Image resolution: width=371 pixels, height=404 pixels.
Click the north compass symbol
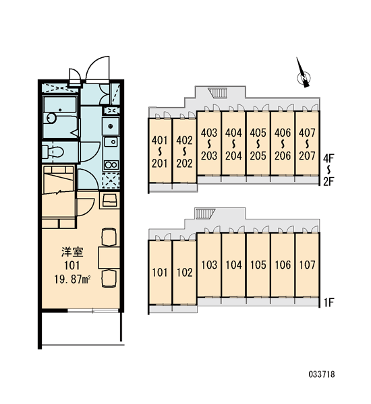point(303,75)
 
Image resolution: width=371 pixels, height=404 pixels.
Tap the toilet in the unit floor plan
point(53,151)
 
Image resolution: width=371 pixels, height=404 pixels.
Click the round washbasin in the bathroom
point(51,118)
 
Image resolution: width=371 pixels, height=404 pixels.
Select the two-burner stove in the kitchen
point(111,165)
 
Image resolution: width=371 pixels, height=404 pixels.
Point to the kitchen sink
point(111,141)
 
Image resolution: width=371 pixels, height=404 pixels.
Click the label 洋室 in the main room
point(72,252)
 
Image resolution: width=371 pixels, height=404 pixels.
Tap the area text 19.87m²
point(72,279)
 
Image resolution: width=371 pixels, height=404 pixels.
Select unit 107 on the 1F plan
point(307,265)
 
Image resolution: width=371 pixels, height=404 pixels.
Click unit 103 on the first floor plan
point(209,265)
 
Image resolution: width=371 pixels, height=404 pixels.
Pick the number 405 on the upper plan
point(258,133)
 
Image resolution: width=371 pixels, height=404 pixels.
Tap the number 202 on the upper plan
point(184,164)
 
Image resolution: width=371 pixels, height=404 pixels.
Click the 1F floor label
point(329,302)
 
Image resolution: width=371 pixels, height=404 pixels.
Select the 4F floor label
point(329,158)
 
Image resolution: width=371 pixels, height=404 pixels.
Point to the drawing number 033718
point(322,374)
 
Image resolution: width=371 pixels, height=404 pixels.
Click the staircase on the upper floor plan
point(217,92)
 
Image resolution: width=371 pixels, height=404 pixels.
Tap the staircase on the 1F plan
point(205,213)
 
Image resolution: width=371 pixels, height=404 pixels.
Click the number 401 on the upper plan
point(160,141)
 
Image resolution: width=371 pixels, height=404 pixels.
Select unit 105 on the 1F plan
point(258,265)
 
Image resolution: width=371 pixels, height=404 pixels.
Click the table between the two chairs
point(109,258)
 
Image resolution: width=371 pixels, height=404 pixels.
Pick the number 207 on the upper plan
point(307,156)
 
